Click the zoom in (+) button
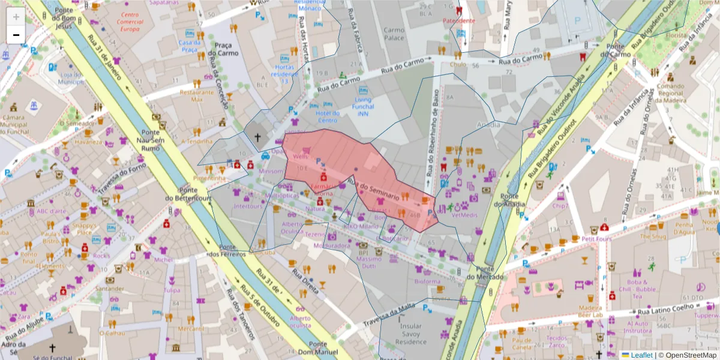tap(16, 17)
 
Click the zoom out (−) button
tap(16, 35)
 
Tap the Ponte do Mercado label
tap(482, 273)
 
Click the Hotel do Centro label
tap(328, 116)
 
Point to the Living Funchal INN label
tap(363, 107)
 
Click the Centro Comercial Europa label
tap(129, 22)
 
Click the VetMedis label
tap(464, 214)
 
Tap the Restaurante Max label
tap(197, 96)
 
